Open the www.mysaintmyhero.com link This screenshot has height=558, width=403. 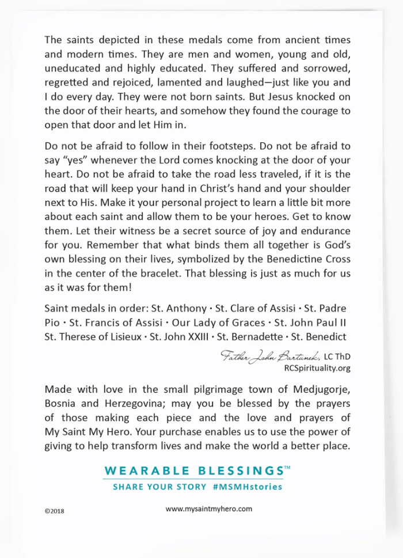point(209,508)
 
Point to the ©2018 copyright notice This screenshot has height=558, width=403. point(56,510)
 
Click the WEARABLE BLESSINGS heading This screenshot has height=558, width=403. point(193,470)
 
